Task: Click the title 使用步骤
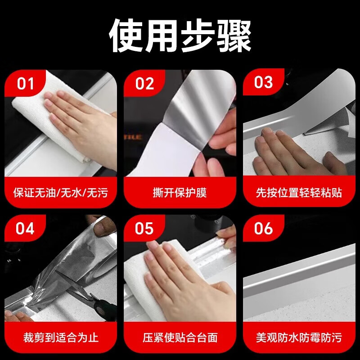click(x=180, y=36)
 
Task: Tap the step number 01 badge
click(x=25, y=83)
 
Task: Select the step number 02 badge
click(x=144, y=83)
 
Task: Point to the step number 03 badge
click(x=264, y=82)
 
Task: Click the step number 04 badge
click(x=25, y=229)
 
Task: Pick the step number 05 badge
click(x=144, y=229)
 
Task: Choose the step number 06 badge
click(x=264, y=229)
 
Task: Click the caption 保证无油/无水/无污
click(x=61, y=193)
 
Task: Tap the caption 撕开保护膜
click(x=180, y=193)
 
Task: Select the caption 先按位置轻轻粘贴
click(x=299, y=193)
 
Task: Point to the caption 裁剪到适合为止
click(x=61, y=338)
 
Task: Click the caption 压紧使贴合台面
click(x=180, y=338)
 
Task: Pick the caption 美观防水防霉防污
click(x=299, y=338)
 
